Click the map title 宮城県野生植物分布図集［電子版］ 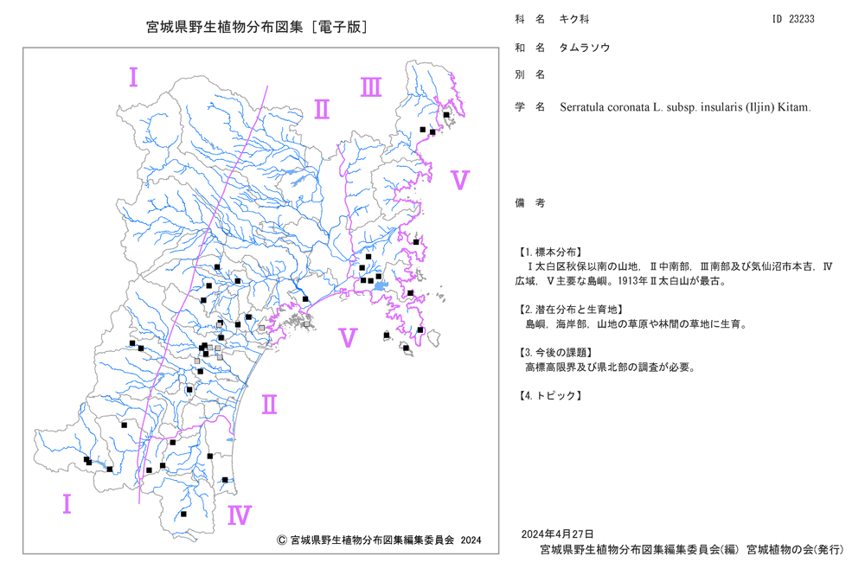click(x=257, y=27)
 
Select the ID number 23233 click(x=802, y=19)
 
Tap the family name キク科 click(x=574, y=19)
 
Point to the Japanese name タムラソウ click(x=585, y=48)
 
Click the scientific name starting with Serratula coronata click(x=685, y=107)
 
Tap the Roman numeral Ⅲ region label click(x=371, y=87)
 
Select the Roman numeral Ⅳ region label click(x=240, y=515)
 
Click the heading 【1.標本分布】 click(x=549, y=253)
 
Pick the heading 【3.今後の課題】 click(x=554, y=353)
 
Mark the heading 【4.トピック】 click(x=549, y=396)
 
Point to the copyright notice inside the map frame click(x=379, y=540)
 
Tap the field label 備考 click(x=530, y=203)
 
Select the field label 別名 click(x=530, y=74)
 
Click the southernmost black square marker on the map click(x=183, y=514)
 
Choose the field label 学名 click(x=530, y=107)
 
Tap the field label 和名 click(x=530, y=48)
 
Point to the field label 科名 click(x=530, y=19)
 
